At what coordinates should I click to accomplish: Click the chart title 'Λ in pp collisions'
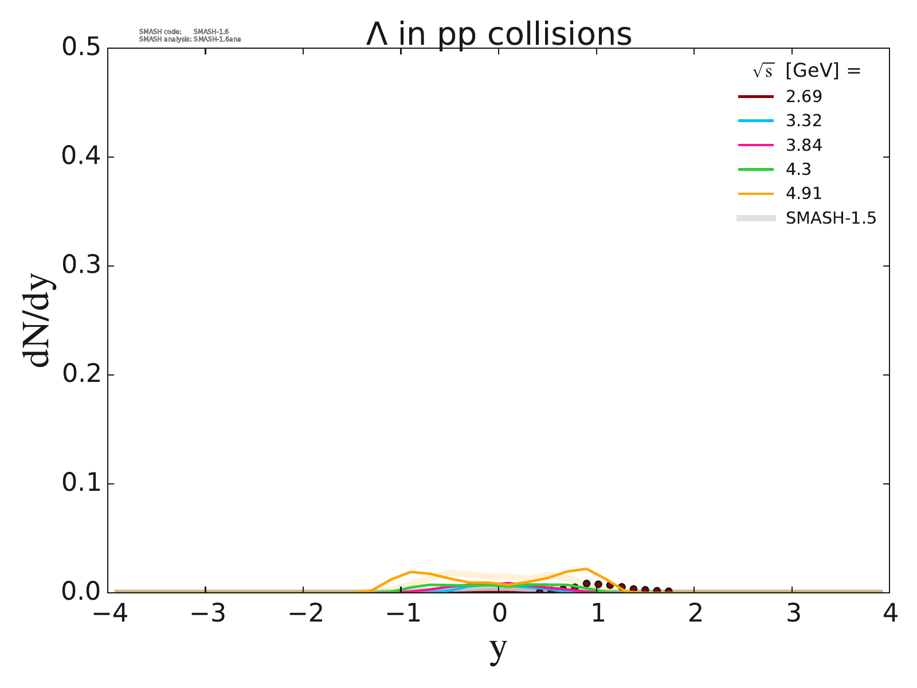(499, 34)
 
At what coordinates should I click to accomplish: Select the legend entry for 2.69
(804, 96)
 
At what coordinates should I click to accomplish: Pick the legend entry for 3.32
(804, 120)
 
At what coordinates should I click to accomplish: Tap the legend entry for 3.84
(804, 145)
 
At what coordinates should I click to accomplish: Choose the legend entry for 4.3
(798, 169)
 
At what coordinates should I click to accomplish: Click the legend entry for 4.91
(804, 193)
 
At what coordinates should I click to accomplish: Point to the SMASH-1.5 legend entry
(830, 218)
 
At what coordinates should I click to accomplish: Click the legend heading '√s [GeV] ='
(806, 71)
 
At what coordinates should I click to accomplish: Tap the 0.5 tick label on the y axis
(80, 48)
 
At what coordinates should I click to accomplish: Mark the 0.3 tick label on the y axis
(80, 265)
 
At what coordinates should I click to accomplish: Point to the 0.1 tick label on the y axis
(80, 483)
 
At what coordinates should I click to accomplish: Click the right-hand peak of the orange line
(586, 569)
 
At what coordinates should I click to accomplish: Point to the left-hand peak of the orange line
(412, 572)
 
